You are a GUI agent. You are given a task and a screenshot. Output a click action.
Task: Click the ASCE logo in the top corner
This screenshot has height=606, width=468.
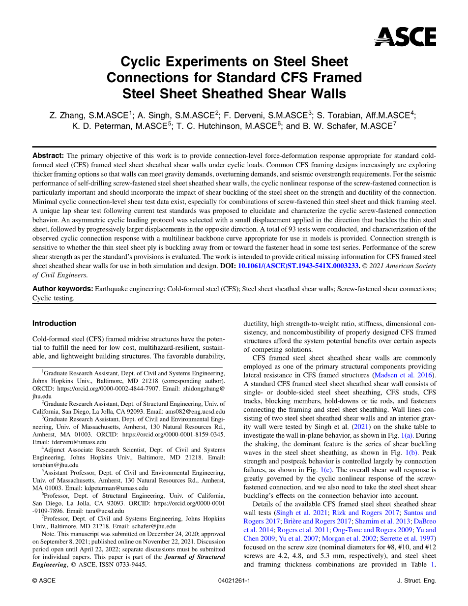point(406,36)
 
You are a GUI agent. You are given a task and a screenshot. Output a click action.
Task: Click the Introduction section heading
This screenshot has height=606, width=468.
point(54,324)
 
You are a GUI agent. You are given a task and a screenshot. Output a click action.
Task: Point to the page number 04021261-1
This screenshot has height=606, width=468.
point(234,580)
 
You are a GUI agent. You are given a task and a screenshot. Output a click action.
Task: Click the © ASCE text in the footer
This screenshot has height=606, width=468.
point(44,580)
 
